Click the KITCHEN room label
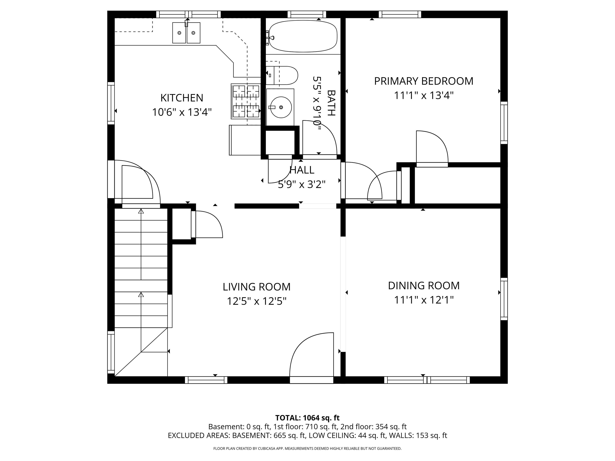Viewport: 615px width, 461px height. (182, 98)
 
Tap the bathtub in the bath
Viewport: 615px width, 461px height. (303, 36)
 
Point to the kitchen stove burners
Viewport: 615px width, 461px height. (246, 101)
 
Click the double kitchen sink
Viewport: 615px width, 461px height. (186, 33)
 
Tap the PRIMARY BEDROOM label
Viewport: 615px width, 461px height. (423, 81)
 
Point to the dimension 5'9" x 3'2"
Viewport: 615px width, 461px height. (302, 184)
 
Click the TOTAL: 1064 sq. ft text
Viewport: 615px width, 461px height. (307, 418)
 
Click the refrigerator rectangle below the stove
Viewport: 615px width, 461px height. (245, 140)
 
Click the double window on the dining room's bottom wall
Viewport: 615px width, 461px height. (427, 380)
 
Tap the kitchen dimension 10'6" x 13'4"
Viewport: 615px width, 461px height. (182, 112)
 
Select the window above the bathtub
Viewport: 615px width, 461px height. (307, 14)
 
